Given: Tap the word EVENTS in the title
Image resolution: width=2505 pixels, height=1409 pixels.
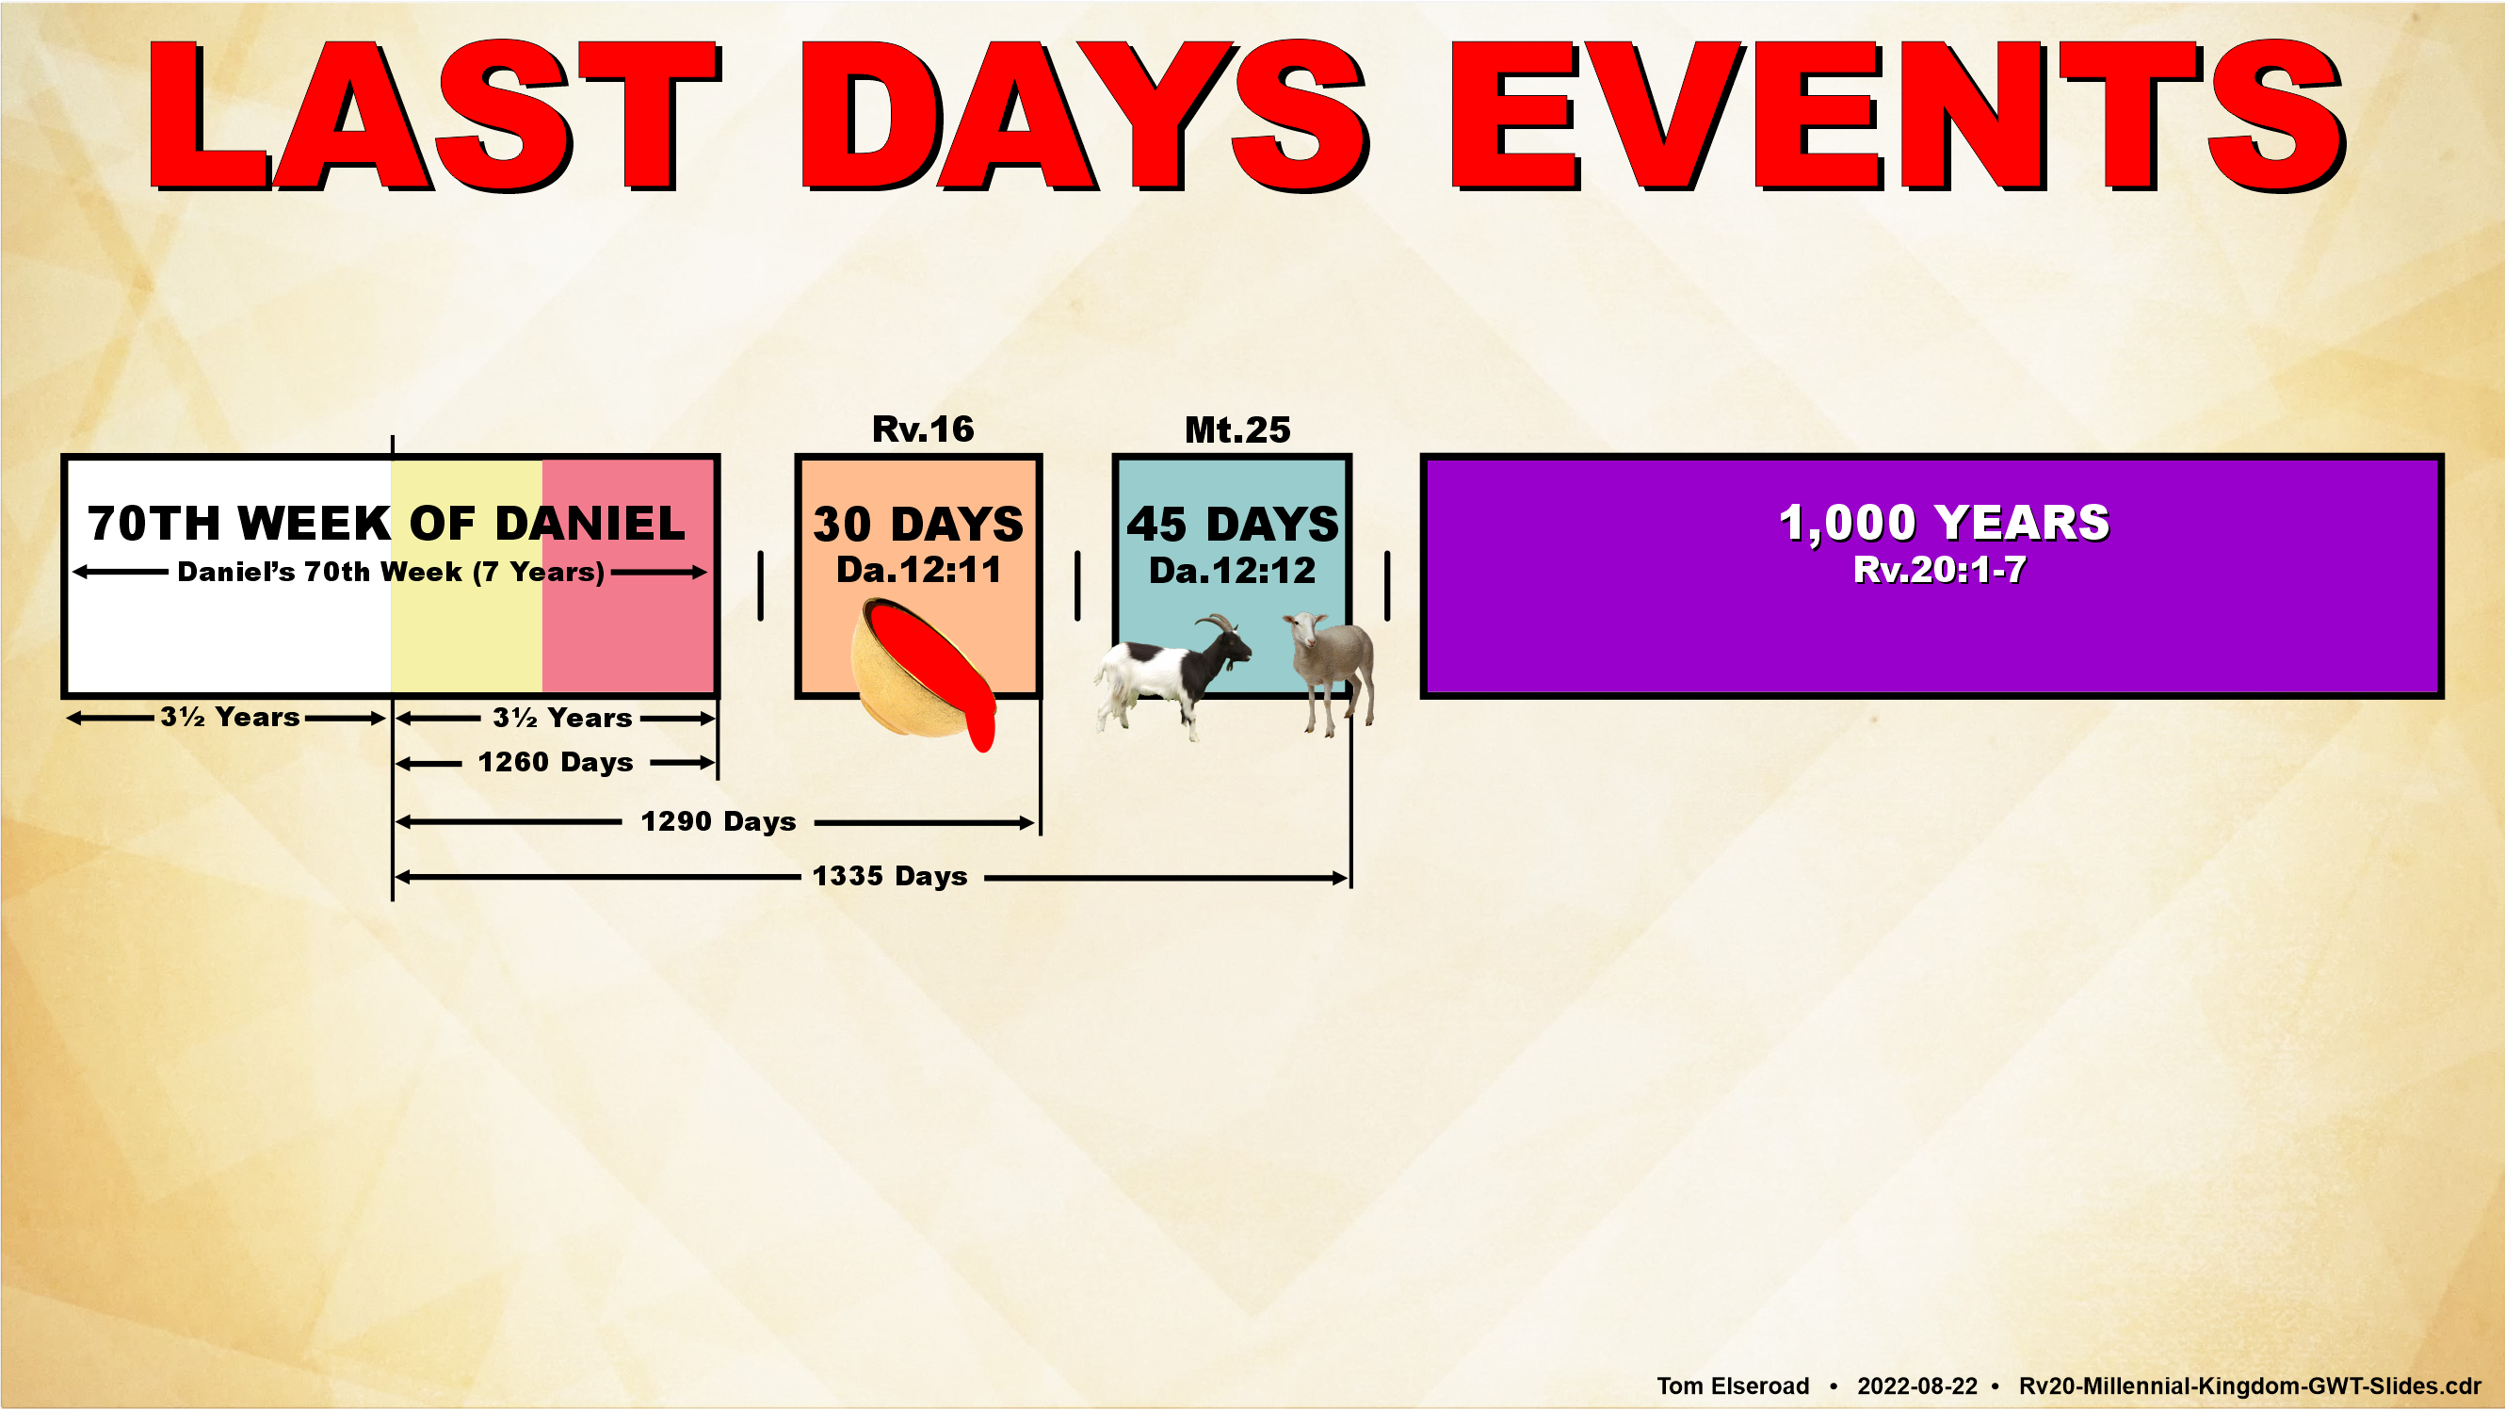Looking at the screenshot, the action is pos(1898,116).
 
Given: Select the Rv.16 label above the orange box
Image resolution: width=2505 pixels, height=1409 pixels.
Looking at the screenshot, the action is pos(923,429).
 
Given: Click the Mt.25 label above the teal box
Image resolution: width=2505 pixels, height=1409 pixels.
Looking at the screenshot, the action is pos(1236,429).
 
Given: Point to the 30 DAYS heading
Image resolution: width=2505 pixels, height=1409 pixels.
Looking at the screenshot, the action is pos(918,524).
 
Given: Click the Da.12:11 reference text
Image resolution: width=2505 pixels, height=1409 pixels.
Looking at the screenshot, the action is pos(918,570).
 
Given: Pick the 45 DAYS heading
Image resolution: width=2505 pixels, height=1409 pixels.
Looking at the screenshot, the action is pos(1233,524).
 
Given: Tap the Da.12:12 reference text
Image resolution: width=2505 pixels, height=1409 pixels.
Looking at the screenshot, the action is pos(1232,570).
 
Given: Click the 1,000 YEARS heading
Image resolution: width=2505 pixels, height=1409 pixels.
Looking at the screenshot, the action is pos(1944,523).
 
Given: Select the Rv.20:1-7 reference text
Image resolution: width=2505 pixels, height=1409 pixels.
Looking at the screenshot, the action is pos(1940,569).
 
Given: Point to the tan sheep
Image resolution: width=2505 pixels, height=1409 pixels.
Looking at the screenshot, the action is pos(1331,671).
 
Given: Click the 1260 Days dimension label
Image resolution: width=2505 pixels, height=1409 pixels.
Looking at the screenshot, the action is pos(556,762).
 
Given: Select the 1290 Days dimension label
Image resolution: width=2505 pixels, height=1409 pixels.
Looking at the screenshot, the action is pos(718,821).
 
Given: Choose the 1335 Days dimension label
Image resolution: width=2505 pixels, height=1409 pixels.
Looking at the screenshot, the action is pos(890,876).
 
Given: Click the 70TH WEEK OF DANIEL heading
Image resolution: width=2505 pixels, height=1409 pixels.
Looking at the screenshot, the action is pos(386,523).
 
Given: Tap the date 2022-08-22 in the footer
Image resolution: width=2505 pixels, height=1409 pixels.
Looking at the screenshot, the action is pos(1916,1385).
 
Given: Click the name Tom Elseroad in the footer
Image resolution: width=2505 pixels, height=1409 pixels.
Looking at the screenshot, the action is pos(1733,1385).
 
